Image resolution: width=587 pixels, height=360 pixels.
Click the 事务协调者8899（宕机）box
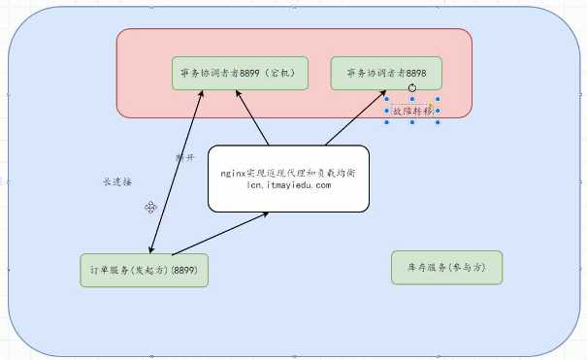(x=240, y=74)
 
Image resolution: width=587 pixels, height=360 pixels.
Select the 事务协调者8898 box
(x=385, y=74)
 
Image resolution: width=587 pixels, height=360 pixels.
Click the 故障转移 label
(x=411, y=112)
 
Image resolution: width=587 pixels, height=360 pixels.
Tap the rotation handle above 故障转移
(x=412, y=87)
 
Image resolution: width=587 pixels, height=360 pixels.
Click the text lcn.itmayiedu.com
(x=289, y=184)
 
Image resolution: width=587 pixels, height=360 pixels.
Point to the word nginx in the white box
(x=233, y=171)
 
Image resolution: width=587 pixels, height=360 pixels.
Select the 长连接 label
(x=116, y=181)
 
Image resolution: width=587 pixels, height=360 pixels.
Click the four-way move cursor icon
(x=151, y=207)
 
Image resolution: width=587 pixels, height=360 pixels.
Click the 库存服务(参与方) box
(x=447, y=267)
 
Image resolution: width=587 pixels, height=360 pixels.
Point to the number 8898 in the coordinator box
(x=414, y=73)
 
